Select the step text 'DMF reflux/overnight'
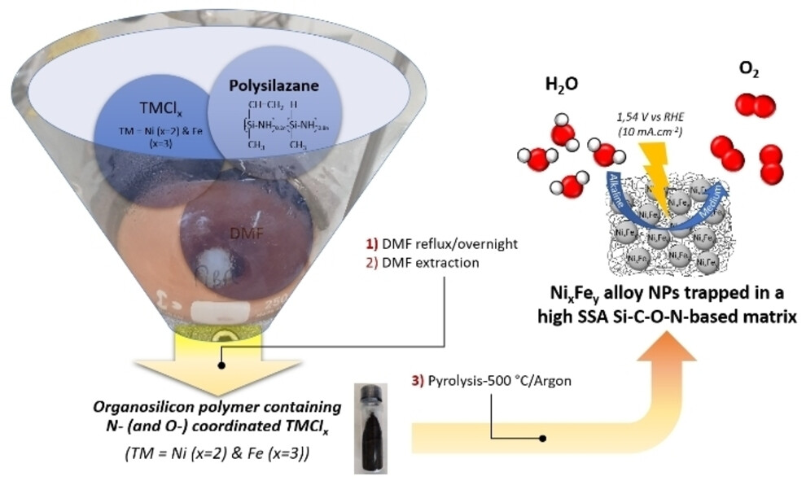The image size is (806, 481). [440, 244]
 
